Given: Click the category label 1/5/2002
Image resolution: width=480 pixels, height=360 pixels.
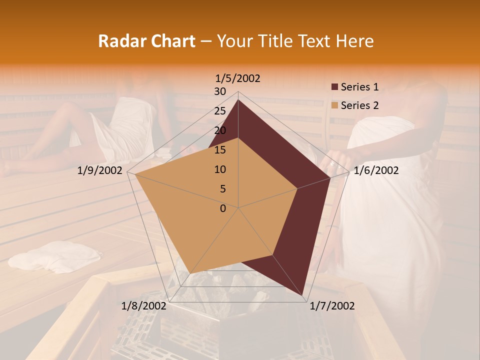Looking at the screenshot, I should (x=238, y=78).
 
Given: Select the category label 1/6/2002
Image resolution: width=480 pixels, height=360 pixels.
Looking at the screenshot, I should (x=376, y=170).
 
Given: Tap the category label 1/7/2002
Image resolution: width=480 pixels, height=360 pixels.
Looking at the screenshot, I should (x=332, y=306).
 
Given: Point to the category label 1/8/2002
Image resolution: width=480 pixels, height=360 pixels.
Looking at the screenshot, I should (x=144, y=306).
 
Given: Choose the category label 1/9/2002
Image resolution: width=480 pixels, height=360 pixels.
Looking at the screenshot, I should (x=100, y=170).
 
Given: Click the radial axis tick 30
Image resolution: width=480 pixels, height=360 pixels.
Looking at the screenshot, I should (x=219, y=91).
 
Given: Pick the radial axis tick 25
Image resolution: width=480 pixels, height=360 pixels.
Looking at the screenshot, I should (x=219, y=111).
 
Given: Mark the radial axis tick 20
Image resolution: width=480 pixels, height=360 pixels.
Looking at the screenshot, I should (x=219, y=130).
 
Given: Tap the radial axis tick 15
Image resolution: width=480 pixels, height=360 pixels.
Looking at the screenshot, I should (x=219, y=150).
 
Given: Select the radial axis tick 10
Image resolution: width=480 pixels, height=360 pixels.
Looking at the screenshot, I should (x=219, y=169).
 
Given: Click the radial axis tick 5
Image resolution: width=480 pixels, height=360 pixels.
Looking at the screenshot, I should (x=222, y=189).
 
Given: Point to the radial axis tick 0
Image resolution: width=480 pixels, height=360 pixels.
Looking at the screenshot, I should (x=223, y=208).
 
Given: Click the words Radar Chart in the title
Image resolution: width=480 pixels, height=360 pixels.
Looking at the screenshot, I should (x=146, y=41).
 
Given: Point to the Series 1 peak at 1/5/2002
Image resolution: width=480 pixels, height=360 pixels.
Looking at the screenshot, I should (x=238, y=99).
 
